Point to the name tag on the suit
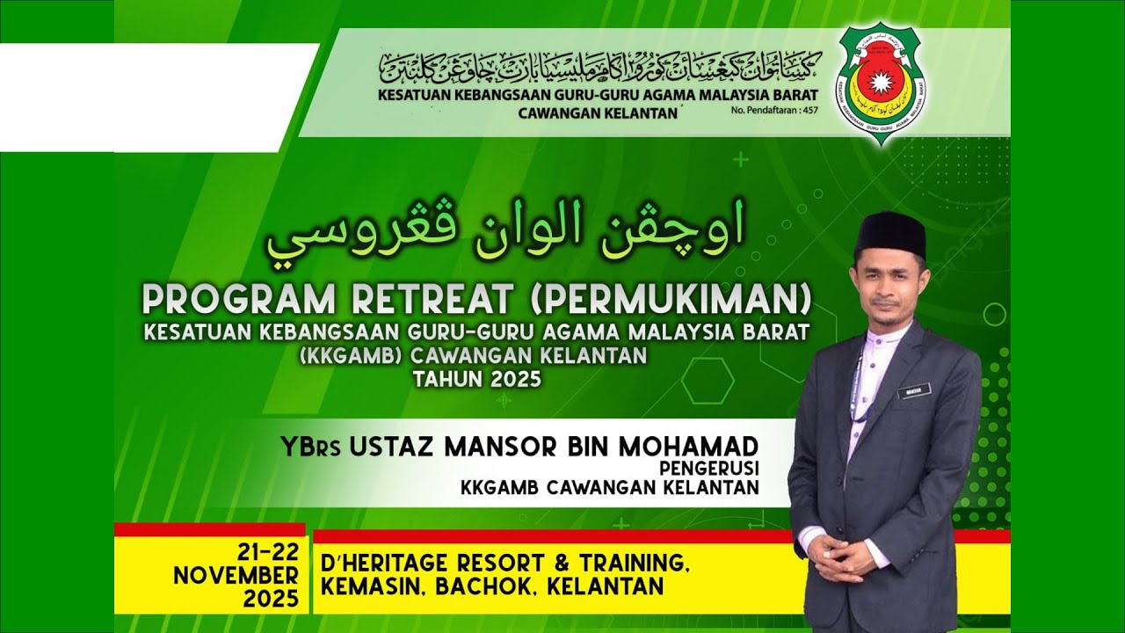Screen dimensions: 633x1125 pyautogui.click(x=913, y=389)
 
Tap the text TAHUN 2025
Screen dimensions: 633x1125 pyautogui.click(x=477, y=379)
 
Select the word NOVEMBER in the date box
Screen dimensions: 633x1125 pyautogui.click(x=236, y=576)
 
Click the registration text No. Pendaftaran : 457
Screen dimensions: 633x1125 pyautogui.click(x=774, y=111)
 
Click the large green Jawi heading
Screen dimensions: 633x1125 pyautogui.click(x=504, y=232)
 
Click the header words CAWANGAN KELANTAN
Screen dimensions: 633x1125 pyautogui.click(x=599, y=112)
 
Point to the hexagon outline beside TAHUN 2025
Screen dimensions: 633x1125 pyautogui.click(x=708, y=381)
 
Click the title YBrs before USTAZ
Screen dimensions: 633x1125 pyautogui.click(x=311, y=446)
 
